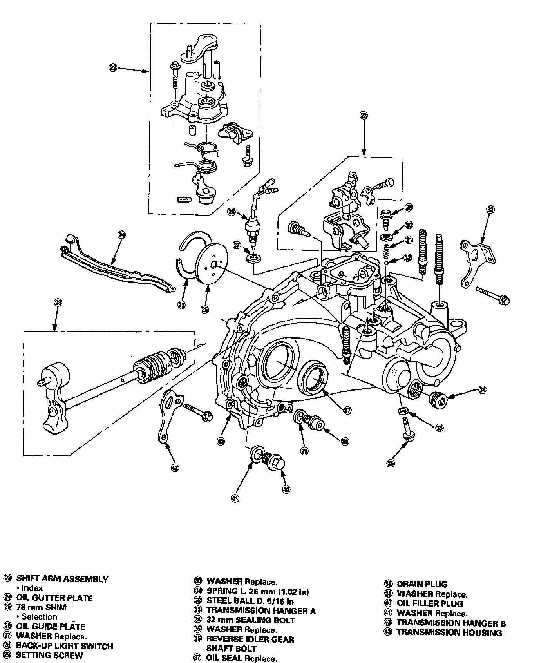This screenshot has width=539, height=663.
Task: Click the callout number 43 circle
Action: click(221, 441)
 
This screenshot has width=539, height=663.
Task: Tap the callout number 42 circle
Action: click(175, 467)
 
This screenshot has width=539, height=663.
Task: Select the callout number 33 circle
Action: click(490, 210)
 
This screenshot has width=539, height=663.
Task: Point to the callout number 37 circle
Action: click(347, 410)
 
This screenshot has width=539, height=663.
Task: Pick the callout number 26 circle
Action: click(205, 310)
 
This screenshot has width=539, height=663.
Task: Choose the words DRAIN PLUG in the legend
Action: click(422, 584)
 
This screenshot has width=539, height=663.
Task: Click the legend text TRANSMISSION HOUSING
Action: click(449, 632)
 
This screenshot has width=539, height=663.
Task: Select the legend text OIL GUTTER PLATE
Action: click(54, 598)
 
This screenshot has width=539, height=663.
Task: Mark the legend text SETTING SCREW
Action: click(49, 655)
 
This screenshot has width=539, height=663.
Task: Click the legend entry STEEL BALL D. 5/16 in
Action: click(250, 601)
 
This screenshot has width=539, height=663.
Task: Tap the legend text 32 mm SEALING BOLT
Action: click(251, 620)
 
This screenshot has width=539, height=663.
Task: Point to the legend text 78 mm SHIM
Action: click(41, 607)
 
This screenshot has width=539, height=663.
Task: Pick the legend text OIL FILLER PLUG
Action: click(430, 603)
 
